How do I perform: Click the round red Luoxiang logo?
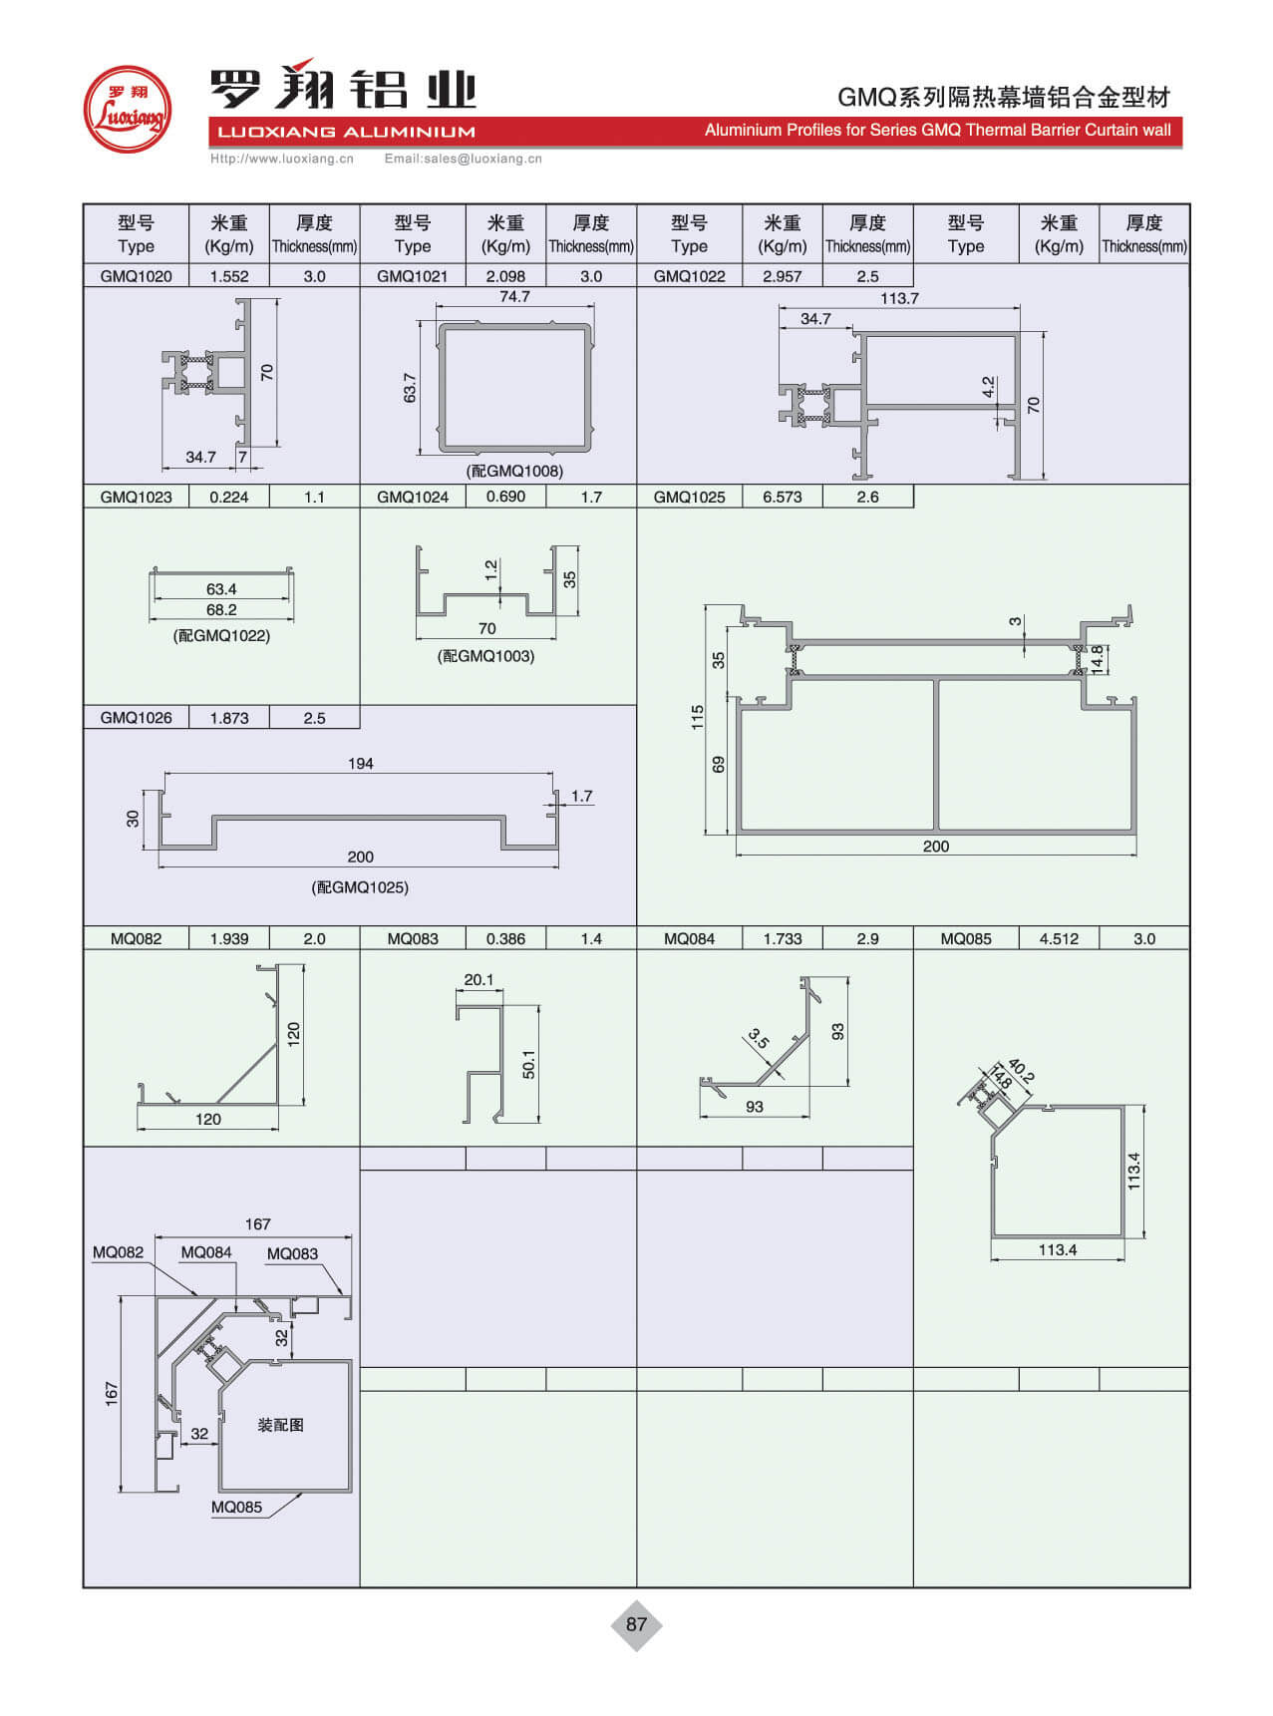coord(127,109)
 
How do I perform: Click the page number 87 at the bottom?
coord(636,1624)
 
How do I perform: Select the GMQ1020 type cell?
coord(136,276)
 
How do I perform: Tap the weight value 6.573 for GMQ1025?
coord(783,497)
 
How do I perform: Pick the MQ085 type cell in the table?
coord(966,938)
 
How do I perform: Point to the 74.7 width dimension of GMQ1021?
coord(514,297)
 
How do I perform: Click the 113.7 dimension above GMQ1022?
coord(899,298)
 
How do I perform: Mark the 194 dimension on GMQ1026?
coord(360,764)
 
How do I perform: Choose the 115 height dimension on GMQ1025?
coord(697,718)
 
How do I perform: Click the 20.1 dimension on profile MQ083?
coord(478,979)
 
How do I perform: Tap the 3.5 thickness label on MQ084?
coord(759,1040)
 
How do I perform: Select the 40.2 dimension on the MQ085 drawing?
coord(1021,1071)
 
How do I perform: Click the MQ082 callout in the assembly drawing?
coord(118,1252)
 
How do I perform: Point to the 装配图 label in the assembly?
coord(280,1425)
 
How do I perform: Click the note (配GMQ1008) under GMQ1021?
coord(514,471)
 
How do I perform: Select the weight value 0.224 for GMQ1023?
coord(229,497)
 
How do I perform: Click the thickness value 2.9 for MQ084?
coord(867,938)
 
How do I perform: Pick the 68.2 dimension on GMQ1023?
coord(221,610)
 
